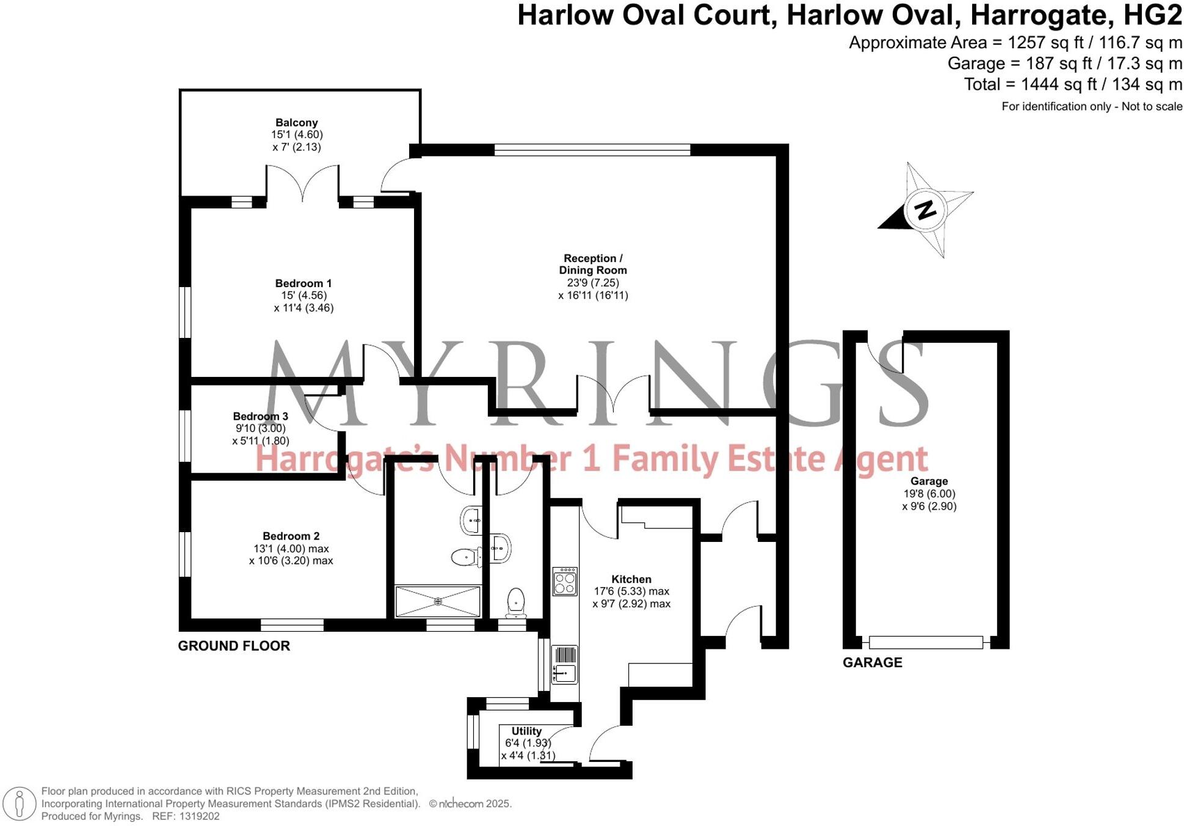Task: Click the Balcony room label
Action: point(296,123)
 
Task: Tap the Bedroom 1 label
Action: point(303,283)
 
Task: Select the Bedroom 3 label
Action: point(260,417)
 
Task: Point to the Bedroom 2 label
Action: point(291,536)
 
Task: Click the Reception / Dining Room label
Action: point(593,265)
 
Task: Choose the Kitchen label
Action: point(631,579)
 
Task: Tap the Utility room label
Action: point(526,731)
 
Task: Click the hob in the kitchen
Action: point(565,581)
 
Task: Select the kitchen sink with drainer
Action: point(565,665)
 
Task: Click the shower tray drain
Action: point(438,602)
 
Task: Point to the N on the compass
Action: point(926,210)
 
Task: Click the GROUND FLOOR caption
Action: point(234,646)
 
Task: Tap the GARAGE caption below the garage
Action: point(872,662)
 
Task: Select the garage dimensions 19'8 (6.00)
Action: point(929,494)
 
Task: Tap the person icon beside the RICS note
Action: point(20,803)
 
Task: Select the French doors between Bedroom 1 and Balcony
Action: point(303,183)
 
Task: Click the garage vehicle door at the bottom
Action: point(926,642)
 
